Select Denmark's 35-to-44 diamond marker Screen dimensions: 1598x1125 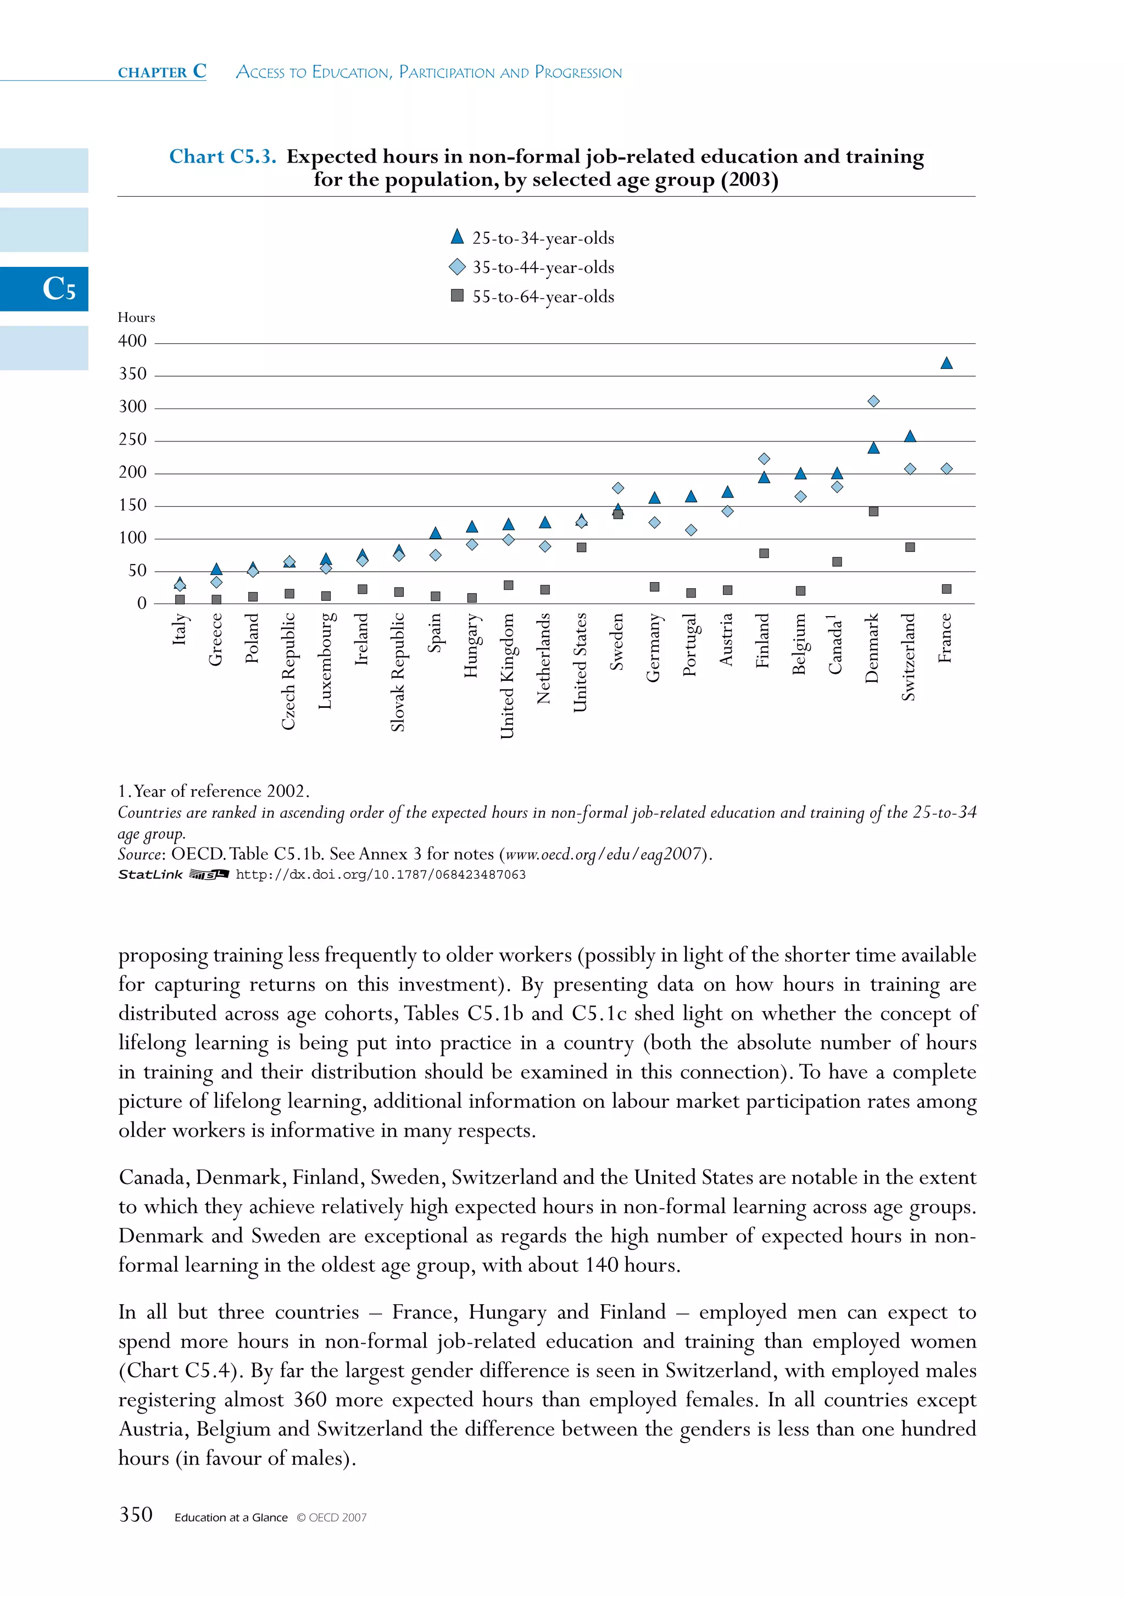click(x=873, y=401)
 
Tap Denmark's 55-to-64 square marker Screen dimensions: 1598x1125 click(x=873, y=512)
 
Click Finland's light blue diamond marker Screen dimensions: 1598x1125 click(x=764, y=459)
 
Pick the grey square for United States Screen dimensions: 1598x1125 click(x=581, y=547)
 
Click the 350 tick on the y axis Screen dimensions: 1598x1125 click(x=132, y=375)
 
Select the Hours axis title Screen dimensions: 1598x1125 click(x=136, y=317)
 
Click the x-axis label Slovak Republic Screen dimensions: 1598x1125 click(x=398, y=672)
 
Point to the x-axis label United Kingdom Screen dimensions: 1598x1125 click(x=508, y=675)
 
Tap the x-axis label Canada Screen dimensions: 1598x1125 click(x=836, y=644)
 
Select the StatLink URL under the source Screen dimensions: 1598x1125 click(x=380, y=875)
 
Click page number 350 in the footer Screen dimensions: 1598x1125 click(x=136, y=1515)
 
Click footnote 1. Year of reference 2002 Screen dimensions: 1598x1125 click(x=214, y=791)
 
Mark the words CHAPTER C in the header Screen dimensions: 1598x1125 click(x=162, y=72)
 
